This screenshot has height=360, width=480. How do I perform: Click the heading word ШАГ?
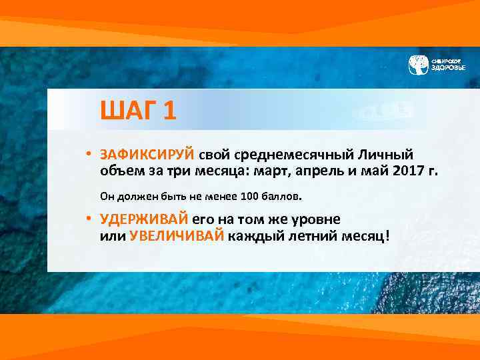[129, 110]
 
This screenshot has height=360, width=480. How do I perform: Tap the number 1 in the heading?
[169, 110]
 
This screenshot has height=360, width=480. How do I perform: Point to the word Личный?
[387, 155]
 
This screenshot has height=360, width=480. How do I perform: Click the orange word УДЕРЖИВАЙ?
[144, 219]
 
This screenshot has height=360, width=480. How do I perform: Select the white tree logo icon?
[418, 64]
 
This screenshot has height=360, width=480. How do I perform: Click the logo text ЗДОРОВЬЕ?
[448, 68]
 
